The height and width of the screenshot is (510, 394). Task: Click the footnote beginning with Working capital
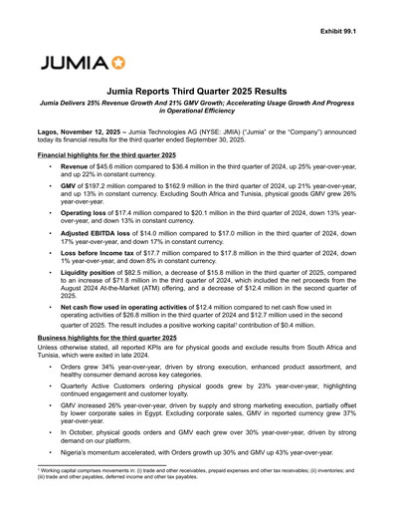point(199,497)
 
